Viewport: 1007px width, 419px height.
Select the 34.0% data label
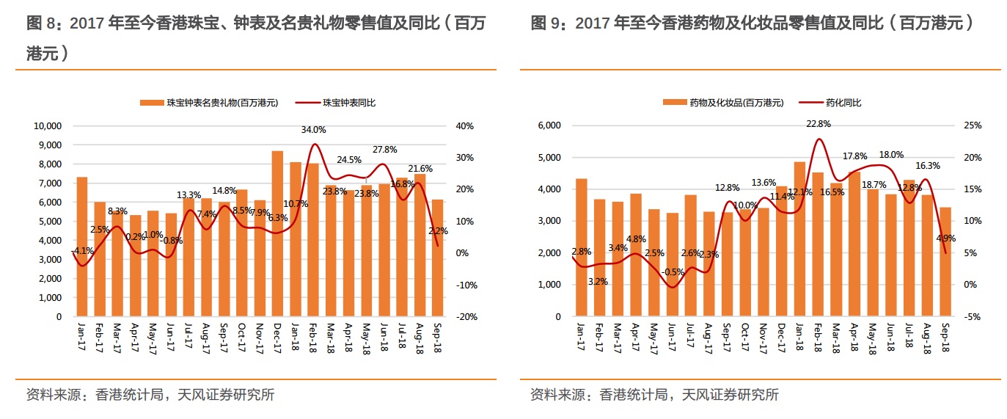tap(313, 130)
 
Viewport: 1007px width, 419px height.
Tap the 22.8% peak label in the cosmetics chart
tap(818, 124)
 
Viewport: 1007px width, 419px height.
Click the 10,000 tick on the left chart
tap(48, 126)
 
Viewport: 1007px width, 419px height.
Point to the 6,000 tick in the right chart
tap(548, 125)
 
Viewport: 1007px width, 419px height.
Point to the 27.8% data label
tap(384, 150)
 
